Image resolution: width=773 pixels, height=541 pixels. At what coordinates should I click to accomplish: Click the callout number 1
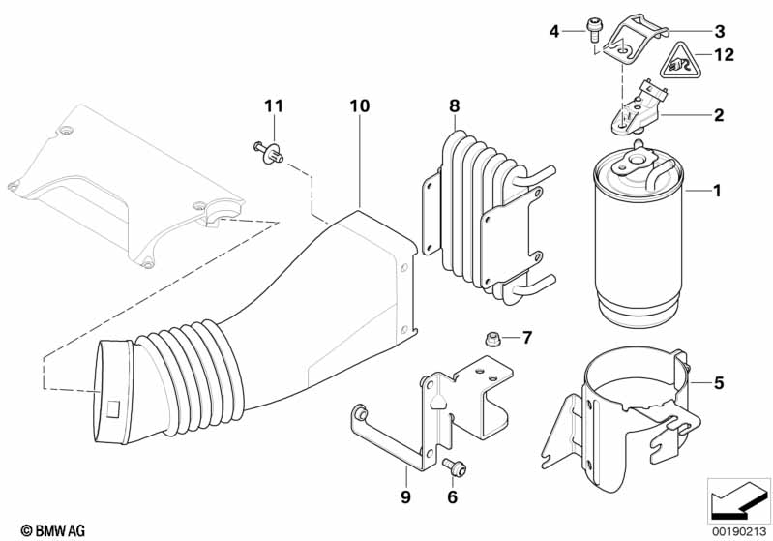coord(717,192)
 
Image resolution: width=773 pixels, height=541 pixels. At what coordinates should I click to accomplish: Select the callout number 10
coord(359,105)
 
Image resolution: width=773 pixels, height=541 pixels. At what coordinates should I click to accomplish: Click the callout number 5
coord(717,383)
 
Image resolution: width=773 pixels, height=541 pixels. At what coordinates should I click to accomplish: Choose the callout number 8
coord(454,105)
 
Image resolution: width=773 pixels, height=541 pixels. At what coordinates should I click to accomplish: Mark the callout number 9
coord(406,497)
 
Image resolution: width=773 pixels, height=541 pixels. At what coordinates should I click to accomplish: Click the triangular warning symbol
coord(679,63)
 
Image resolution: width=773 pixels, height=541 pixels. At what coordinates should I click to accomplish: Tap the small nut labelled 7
coord(491,338)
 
